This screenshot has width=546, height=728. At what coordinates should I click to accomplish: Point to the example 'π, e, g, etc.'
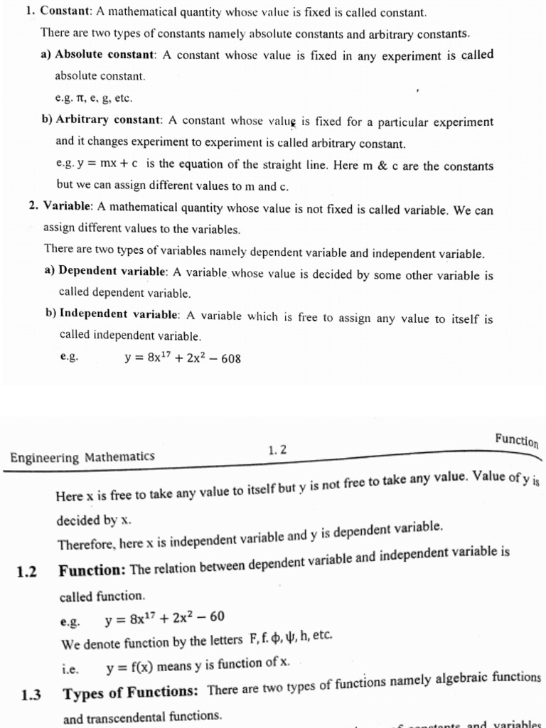(94, 99)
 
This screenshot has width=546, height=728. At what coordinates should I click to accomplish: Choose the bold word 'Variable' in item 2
(68, 208)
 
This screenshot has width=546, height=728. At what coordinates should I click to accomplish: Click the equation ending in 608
(183, 358)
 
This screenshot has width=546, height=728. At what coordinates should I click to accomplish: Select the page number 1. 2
(277, 449)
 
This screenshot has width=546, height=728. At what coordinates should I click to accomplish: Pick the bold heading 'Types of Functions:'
(133, 692)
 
